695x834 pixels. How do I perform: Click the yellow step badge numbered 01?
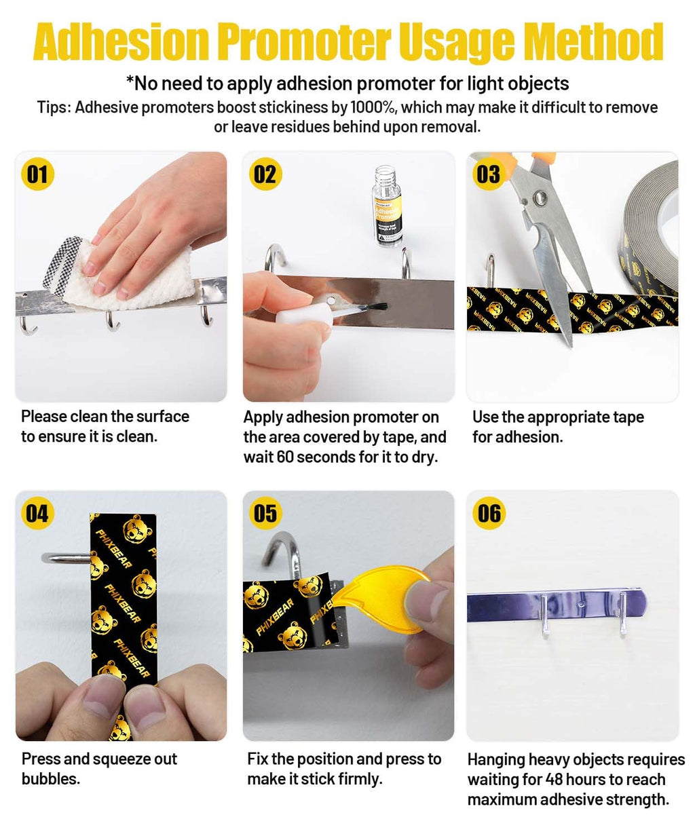(x=37, y=174)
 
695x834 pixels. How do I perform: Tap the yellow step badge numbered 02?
(x=265, y=174)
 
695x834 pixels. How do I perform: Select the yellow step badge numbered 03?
(x=489, y=174)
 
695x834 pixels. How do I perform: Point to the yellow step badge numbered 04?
(x=37, y=513)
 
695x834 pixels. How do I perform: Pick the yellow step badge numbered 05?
(x=265, y=513)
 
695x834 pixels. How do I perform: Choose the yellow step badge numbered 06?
(x=489, y=513)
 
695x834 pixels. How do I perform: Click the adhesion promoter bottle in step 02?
(x=388, y=206)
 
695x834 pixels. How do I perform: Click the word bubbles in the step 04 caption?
(x=51, y=779)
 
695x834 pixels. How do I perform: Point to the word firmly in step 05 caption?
(x=360, y=779)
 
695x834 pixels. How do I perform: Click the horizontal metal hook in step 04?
(x=66, y=558)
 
